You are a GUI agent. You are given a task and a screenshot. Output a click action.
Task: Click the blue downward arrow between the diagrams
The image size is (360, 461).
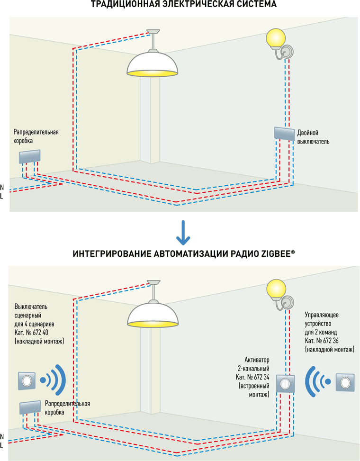[x=183, y=233]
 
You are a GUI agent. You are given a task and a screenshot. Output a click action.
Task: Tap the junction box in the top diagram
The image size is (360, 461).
[x=30, y=156]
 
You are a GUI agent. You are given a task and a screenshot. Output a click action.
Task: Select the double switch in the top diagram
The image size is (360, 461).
[x=284, y=134]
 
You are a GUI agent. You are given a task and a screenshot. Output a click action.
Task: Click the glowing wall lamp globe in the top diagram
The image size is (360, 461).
[x=276, y=38]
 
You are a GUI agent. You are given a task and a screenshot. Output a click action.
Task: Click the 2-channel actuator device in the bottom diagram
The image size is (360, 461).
[x=285, y=384]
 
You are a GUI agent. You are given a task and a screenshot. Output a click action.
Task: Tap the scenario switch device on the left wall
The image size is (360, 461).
[x=27, y=381]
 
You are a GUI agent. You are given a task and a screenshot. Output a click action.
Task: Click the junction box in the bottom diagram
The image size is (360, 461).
[x=30, y=407]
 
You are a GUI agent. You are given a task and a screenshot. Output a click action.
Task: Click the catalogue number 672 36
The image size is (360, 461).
[x=331, y=341]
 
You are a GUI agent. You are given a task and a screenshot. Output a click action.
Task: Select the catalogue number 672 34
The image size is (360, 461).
[x=261, y=377]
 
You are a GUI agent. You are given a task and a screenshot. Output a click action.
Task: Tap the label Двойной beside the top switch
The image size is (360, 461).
[x=308, y=133]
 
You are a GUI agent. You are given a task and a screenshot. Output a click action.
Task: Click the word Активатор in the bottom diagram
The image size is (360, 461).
[x=257, y=360]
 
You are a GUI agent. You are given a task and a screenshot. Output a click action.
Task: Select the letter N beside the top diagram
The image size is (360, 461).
[x=2, y=187]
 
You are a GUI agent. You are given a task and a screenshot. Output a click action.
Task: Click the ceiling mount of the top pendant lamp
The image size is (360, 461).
[x=153, y=31]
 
